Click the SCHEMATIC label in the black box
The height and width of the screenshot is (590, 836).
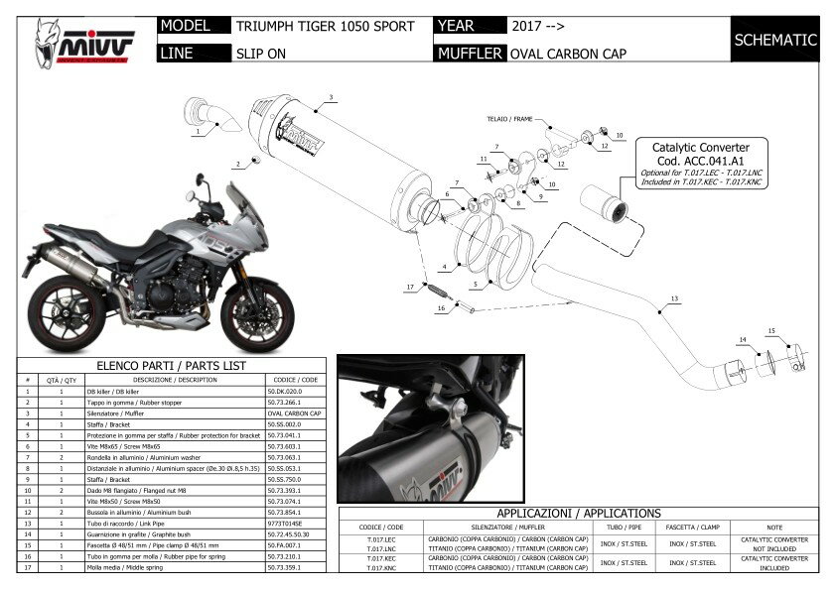(x=774, y=41)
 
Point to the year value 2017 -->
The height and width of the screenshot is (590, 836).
(x=544, y=27)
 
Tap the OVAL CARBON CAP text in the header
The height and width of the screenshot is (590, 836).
(x=568, y=54)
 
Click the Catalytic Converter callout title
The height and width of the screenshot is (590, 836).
(x=701, y=145)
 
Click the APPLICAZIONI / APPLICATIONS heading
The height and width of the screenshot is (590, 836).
(x=579, y=514)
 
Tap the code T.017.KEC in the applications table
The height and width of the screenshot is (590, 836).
(x=367, y=558)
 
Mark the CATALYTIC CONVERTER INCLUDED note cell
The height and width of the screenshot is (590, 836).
(x=788, y=563)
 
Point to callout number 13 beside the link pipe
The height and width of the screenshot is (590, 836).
(x=674, y=299)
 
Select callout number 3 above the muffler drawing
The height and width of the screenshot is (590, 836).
(x=332, y=97)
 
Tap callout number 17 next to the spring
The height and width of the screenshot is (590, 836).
(x=409, y=288)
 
